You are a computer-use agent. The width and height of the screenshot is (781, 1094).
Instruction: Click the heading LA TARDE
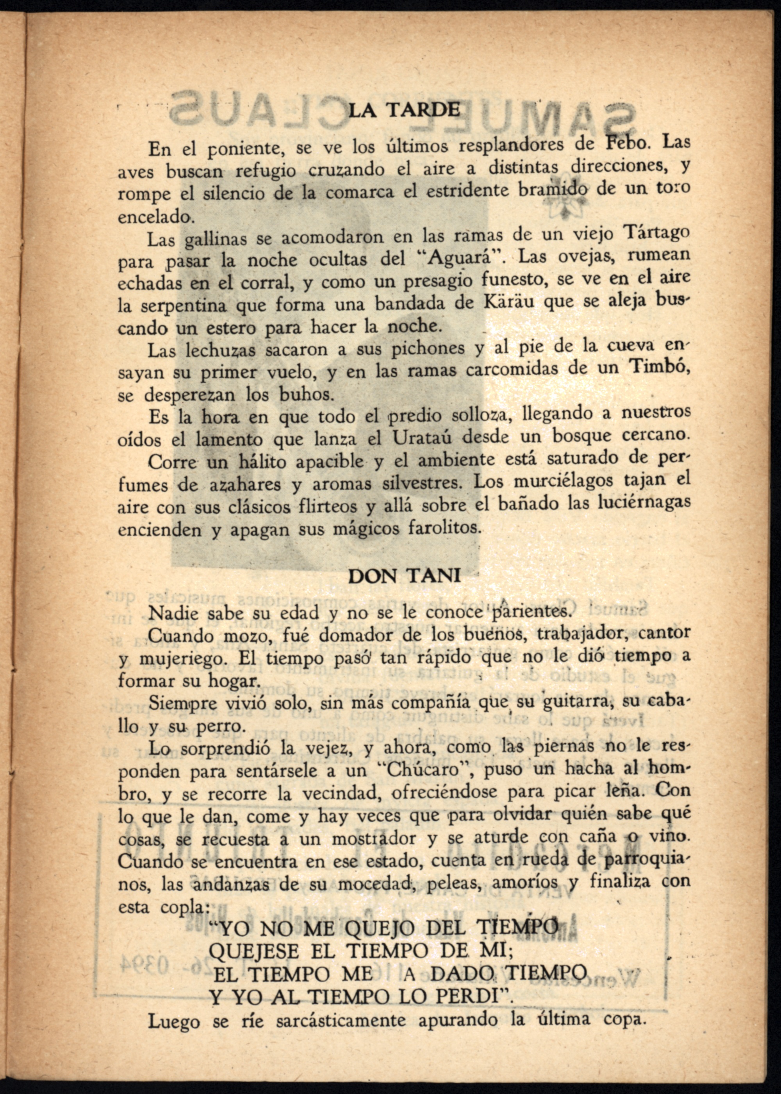click(404, 111)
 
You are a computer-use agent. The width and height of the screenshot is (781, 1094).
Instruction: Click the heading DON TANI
click(404, 576)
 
